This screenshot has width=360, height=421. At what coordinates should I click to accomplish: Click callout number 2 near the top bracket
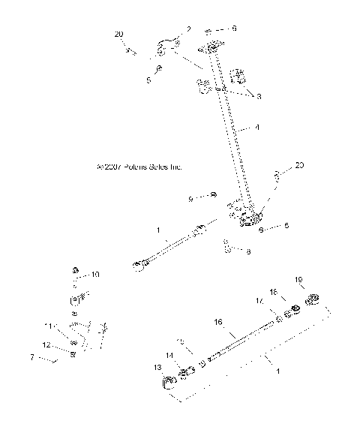click(188, 29)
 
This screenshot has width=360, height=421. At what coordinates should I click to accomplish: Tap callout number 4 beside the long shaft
click(257, 128)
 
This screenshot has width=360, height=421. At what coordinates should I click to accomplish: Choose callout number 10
click(95, 274)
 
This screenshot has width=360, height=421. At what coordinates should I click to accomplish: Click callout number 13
click(157, 368)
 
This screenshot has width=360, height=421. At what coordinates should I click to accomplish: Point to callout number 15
click(180, 341)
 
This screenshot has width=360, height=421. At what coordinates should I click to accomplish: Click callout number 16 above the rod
click(218, 321)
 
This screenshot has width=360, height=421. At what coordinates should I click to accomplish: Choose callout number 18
click(274, 290)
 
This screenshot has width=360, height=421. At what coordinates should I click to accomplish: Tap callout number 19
click(299, 280)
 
